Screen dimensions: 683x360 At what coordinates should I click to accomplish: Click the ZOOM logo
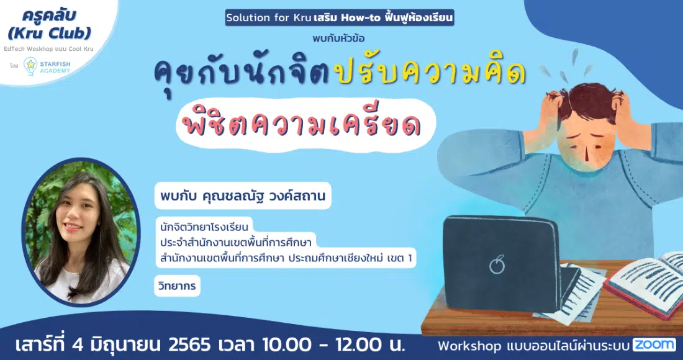click(654, 344)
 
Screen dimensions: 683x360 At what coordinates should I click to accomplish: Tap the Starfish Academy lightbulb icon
click(30, 66)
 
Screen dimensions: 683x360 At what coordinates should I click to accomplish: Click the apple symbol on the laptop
click(497, 264)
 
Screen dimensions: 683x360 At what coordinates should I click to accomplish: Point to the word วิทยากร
click(178, 286)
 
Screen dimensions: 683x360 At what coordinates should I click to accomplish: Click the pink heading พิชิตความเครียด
click(302, 125)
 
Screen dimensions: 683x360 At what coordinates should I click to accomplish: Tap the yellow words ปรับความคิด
click(430, 73)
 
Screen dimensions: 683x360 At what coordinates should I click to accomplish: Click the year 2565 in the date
click(189, 345)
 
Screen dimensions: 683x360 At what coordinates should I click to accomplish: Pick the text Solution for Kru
click(268, 18)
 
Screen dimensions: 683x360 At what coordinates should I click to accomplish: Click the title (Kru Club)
click(50, 33)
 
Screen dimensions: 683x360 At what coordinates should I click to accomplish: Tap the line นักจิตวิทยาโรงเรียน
click(204, 227)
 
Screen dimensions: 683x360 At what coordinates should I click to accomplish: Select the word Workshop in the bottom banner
click(469, 346)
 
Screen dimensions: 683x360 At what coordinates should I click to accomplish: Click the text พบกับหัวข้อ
click(338, 38)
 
